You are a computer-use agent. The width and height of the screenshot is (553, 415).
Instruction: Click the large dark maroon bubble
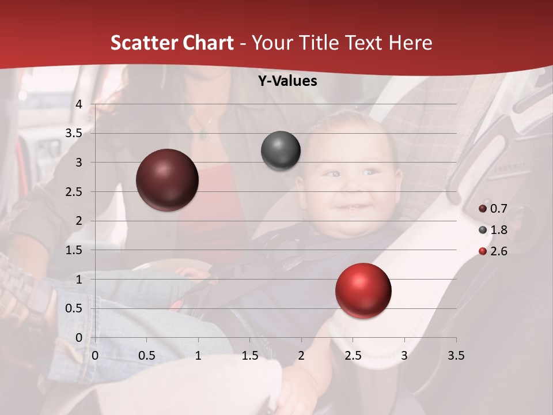(168, 180)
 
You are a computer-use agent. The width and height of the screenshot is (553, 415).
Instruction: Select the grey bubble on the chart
(281, 151)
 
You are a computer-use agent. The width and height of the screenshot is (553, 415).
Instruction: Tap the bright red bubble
(363, 290)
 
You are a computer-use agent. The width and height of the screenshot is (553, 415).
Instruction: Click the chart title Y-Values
(287, 81)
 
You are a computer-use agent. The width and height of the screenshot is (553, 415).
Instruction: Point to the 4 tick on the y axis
(79, 104)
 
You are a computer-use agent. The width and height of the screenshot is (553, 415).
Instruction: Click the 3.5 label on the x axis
(456, 356)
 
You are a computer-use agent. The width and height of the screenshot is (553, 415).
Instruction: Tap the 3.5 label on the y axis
(74, 133)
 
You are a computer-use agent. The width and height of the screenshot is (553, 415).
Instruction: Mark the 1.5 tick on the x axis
(249, 356)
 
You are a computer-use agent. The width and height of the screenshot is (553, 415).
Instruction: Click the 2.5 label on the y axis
(74, 191)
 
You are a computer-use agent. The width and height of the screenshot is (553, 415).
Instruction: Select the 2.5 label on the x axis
(353, 356)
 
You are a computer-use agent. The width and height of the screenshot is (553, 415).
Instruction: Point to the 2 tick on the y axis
(79, 221)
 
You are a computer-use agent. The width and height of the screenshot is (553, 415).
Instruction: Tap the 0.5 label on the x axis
(146, 356)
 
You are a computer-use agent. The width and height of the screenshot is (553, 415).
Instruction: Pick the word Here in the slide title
(410, 43)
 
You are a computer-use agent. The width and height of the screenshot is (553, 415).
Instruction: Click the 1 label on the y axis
(79, 279)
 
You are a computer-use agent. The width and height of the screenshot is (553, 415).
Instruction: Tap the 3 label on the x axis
(404, 356)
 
